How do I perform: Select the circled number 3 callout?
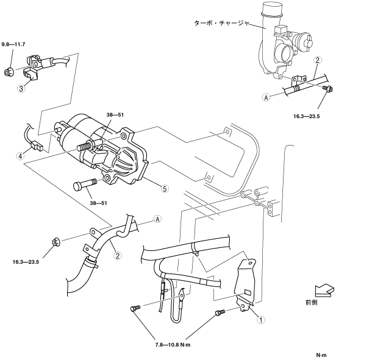[21, 88]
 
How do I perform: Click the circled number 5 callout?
[164, 189]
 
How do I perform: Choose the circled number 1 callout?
[261, 319]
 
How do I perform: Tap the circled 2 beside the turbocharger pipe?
[318, 60]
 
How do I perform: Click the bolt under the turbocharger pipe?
[327, 91]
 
